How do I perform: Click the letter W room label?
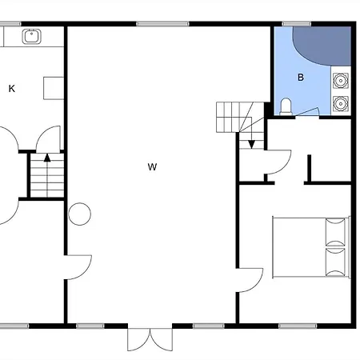[x=152, y=167]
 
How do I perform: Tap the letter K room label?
[x=12, y=89]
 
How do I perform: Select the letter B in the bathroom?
[x=301, y=78]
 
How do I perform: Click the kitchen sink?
[x=32, y=36]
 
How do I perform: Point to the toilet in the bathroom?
[x=286, y=106]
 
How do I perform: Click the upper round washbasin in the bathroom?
[x=341, y=81]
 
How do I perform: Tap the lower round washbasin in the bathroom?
[x=341, y=103]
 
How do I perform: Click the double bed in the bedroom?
[x=311, y=247]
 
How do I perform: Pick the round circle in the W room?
[x=79, y=214]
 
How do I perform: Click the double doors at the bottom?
[x=150, y=339]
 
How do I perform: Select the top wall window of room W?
[x=162, y=24]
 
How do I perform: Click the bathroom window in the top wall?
[x=297, y=24]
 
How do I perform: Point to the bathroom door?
[x=307, y=112]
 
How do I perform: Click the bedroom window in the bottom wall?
[x=298, y=326]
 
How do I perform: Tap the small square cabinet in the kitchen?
[x=54, y=88]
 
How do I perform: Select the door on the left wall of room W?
[x=78, y=267]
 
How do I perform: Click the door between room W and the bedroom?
[x=250, y=280]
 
